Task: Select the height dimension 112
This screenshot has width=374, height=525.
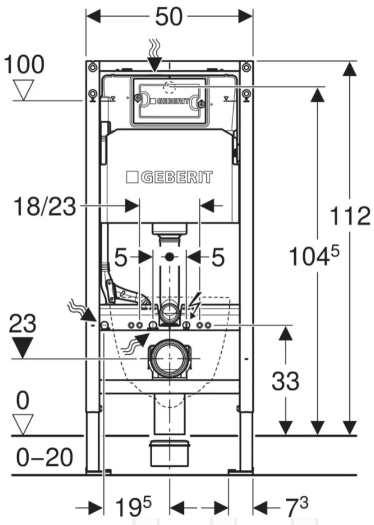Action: click(x=350, y=217)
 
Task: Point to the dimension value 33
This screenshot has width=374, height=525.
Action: click(x=286, y=381)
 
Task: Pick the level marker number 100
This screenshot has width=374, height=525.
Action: click(x=24, y=64)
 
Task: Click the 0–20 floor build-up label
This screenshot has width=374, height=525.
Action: click(x=37, y=458)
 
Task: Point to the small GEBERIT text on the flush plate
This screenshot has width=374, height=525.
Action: click(x=171, y=101)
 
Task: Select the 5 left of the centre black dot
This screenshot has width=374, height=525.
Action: click(x=121, y=258)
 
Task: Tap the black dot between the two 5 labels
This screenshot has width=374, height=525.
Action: click(x=169, y=258)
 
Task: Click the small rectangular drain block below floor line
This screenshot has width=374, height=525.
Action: click(x=169, y=454)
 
